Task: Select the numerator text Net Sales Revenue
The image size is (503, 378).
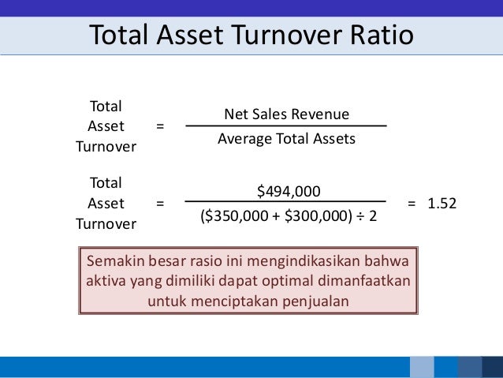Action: [x=286, y=114]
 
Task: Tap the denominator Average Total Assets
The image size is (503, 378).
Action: [x=286, y=139]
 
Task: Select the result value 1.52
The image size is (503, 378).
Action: [x=442, y=203]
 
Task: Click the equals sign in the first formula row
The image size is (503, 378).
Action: [x=160, y=126]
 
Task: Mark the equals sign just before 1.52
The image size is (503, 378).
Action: [x=412, y=203]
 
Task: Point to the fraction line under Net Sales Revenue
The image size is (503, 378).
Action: [x=286, y=126]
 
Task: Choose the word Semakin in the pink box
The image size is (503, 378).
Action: [x=114, y=260]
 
